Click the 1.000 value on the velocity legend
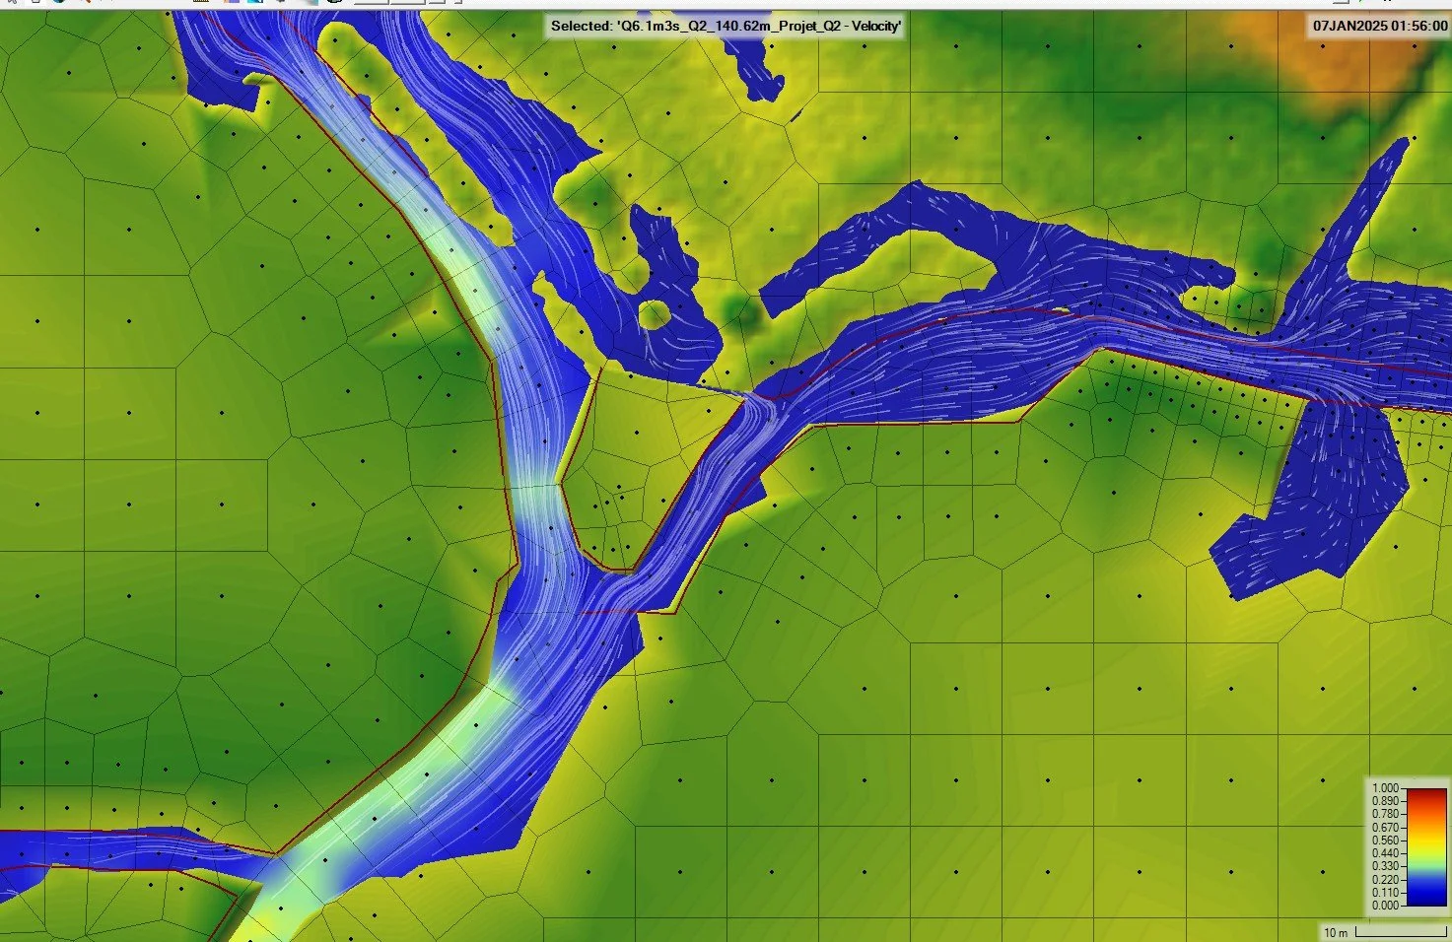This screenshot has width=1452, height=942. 1385,788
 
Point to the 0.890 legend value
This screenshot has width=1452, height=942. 1385,801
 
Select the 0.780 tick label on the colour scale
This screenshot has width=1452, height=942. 1385,814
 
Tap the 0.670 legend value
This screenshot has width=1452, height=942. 1385,828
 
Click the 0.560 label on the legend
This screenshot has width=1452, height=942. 1385,841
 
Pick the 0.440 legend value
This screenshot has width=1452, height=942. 1385,853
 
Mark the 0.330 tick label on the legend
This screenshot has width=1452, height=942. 1385,866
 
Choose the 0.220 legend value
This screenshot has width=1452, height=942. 1385,879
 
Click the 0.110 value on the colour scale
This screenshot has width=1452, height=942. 1385,893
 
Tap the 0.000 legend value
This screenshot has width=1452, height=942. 1385,905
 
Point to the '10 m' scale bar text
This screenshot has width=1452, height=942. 1336,932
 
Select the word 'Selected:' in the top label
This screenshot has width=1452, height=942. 581,26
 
